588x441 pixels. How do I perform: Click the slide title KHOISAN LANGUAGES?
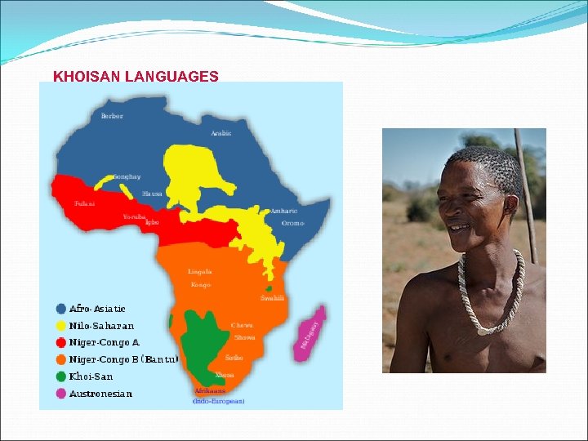(x=136, y=77)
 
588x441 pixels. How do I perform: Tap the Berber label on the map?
(x=112, y=116)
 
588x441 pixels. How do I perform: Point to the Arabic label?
(x=220, y=133)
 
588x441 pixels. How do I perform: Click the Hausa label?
(x=152, y=194)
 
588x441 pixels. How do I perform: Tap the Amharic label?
(x=283, y=211)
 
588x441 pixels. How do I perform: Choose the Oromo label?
(x=292, y=223)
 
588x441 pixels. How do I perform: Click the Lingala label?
(x=200, y=271)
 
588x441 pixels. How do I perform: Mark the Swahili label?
(x=273, y=298)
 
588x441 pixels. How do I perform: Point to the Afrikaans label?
(x=212, y=392)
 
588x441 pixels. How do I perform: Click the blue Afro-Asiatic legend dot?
(x=61, y=309)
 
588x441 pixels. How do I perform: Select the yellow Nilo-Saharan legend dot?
(x=61, y=326)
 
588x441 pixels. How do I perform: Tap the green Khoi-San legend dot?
(x=61, y=376)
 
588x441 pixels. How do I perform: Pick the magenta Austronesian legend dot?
(x=61, y=394)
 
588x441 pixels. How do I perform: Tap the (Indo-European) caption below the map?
(x=218, y=402)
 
